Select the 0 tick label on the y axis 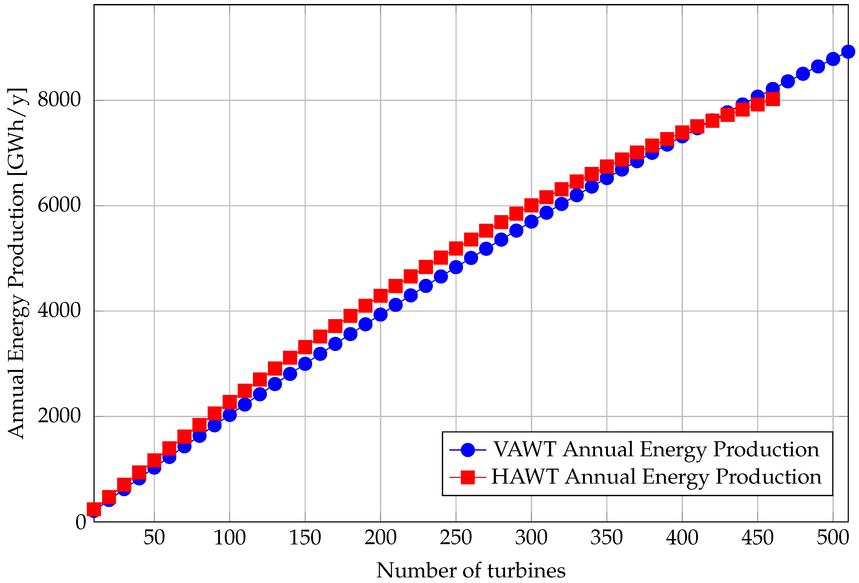click(81, 522)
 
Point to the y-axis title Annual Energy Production click(17, 263)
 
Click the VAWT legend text click(656, 450)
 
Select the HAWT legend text click(656, 477)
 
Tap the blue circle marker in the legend click(468, 450)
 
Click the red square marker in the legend click(468, 477)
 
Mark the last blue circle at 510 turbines click(848, 51)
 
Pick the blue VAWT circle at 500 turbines click(833, 59)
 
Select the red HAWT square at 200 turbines click(380, 296)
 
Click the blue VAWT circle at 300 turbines click(531, 222)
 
